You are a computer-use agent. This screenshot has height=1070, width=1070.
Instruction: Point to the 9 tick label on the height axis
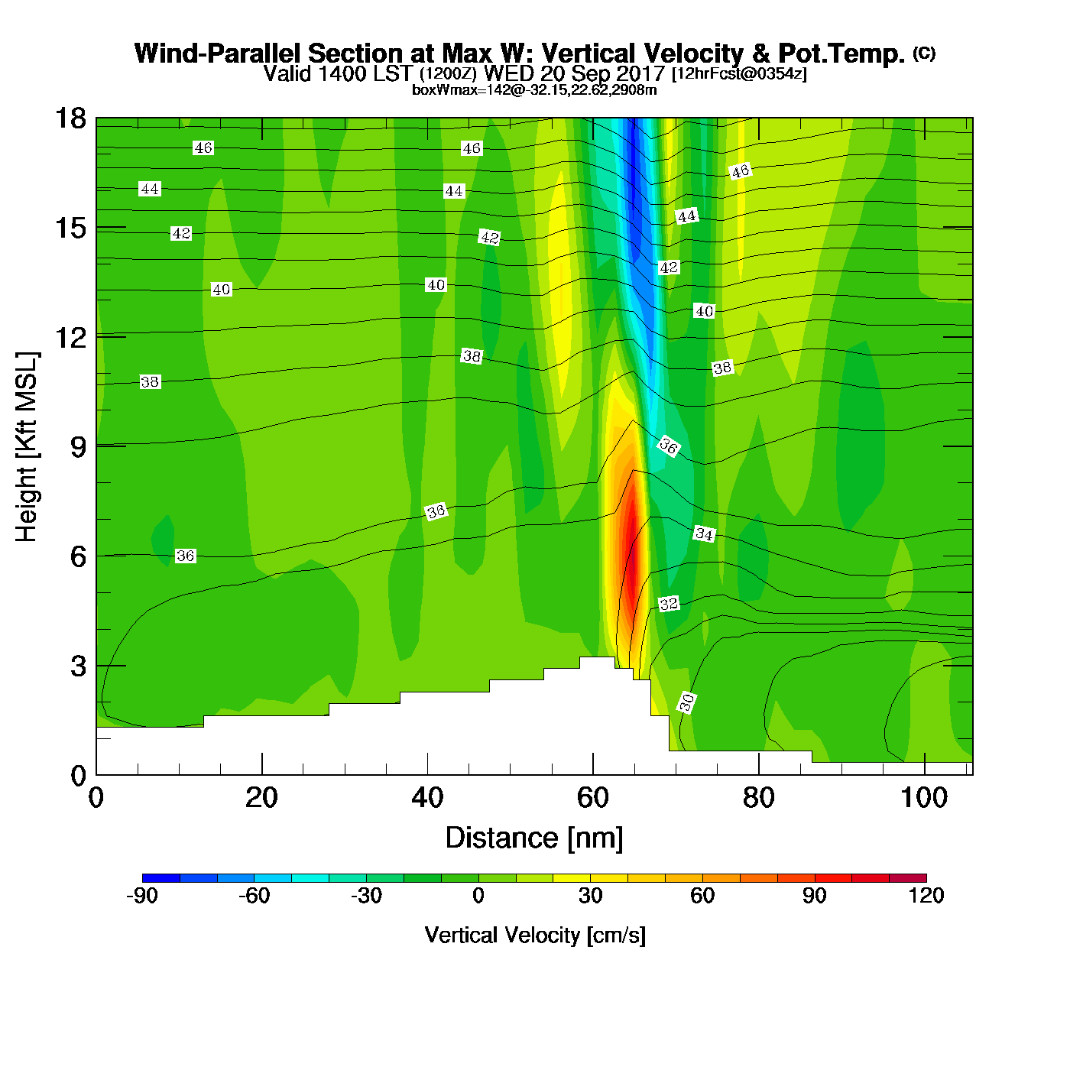tap(79, 447)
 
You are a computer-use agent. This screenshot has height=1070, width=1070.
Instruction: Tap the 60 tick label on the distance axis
tap(593, 798)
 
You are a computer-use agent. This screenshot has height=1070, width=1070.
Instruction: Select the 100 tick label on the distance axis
tap(924, 798)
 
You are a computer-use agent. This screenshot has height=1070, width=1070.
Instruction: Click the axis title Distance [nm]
tap(534, 838)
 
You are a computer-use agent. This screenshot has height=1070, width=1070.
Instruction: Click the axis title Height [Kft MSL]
tap(27, 447)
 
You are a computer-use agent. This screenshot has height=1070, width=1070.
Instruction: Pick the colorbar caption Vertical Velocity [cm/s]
tap(535, 935)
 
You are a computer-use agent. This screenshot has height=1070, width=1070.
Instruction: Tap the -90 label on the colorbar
tap(142, 896)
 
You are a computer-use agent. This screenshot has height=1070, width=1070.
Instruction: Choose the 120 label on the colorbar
tap(926, 896)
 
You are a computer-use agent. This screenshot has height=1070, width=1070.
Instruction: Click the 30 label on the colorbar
tap(590, 896)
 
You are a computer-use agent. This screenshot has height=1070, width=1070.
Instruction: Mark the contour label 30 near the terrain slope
tap(687, 702)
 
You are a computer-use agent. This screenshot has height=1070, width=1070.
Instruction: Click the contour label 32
tap(669, 604)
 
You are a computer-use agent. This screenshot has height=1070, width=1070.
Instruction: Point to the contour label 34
tap(704, 534)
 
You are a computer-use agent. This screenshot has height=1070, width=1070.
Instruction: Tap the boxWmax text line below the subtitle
tap(534, 90)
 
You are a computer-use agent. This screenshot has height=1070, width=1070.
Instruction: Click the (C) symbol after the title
tap(924, 53)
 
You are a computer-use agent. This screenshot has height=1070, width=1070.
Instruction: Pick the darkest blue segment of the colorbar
tap(161, 878)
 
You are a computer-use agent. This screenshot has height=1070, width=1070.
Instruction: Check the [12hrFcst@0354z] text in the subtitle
tap(738, 74)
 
